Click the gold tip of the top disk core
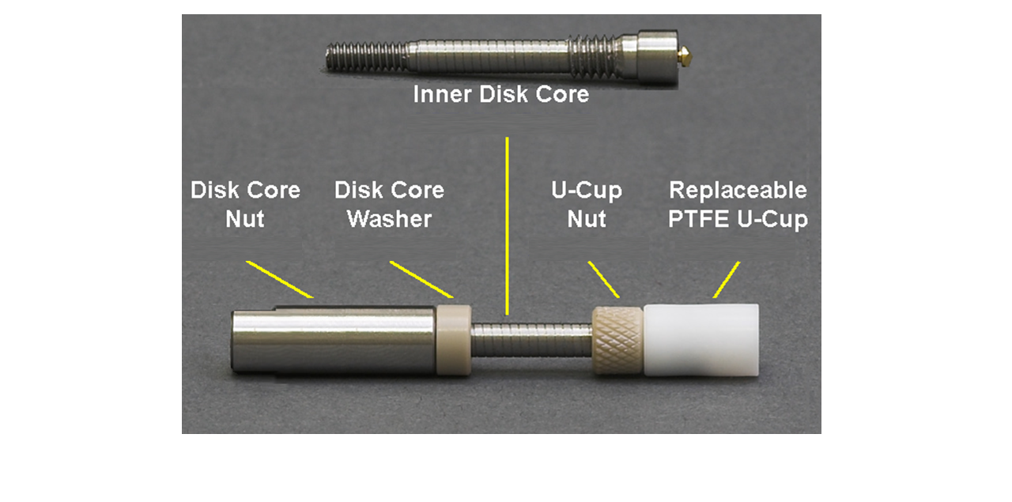(684, 56)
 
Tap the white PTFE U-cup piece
(701, 340)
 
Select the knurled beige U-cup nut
(617, 340)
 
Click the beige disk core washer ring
(454, 340)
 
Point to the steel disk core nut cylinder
(334, 340)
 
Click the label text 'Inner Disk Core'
(501, 94)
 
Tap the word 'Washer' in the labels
(390, 219)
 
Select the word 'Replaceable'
(738, 190)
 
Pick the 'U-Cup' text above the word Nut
(587, 191)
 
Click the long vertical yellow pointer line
(507, 226)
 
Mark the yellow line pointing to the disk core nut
(280, 279)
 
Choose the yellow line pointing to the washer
(421, 279)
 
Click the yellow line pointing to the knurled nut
(603, 279)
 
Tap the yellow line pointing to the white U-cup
(727, 279)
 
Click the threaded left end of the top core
(367, 56)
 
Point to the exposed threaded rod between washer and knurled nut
(532, 340)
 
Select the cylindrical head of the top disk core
(657, 57)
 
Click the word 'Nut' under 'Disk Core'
(245, 219)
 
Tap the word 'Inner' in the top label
(443, 94)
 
